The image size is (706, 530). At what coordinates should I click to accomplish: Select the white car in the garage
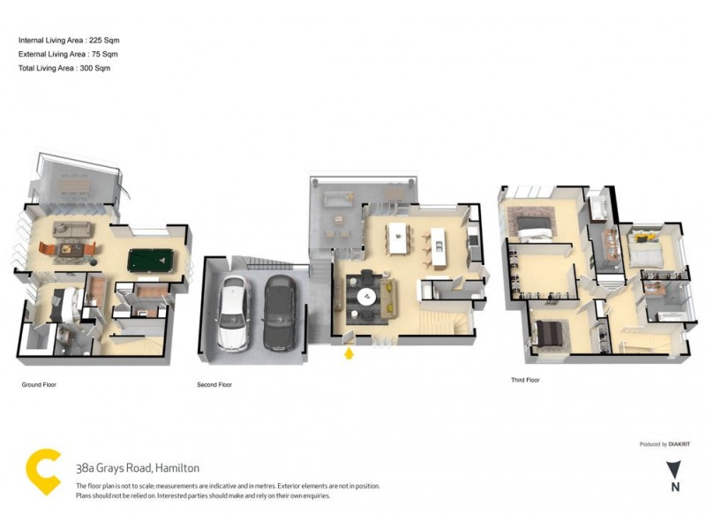tap(233, 313)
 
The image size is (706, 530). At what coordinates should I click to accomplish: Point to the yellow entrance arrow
tap(349, 353)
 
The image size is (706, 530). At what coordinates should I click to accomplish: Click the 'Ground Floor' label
tap(40, 385)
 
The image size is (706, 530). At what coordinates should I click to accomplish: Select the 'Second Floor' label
tap(214, 385)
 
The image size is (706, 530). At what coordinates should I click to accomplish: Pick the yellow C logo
tap(43, 473)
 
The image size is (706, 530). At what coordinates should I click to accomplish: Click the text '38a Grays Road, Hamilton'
tap(138, 468)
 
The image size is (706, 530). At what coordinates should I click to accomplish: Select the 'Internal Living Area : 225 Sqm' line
tap(68, 41)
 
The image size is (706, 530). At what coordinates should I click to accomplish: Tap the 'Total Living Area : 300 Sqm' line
tap(64, 67)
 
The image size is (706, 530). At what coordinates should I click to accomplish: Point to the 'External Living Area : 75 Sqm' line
tap(67, 54)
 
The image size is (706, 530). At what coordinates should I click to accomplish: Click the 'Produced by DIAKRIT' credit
tap(663, 444)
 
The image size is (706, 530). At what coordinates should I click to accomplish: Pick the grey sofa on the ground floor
tap(72, 230)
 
